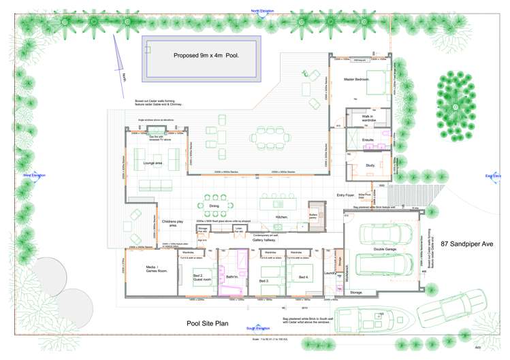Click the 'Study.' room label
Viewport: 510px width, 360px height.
pyautogui.click(x=370, y=165)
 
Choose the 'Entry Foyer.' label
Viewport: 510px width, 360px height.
pyautogui.click(x=347, y=195)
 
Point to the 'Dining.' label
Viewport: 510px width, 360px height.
pyautogui.click(x=214, y=205)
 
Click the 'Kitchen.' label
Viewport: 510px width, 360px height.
pyautogui.click(x=282, y=216)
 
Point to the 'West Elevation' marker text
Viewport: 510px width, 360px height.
pyautogui.click(x=34, y=175)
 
